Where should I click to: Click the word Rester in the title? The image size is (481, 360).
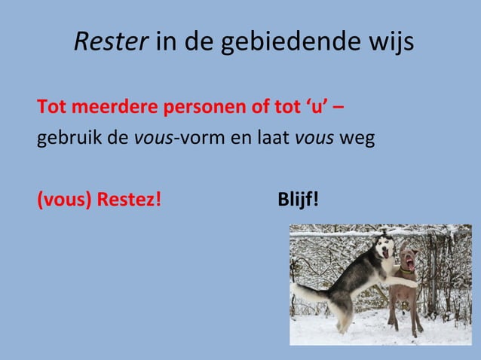[x=110, y=42]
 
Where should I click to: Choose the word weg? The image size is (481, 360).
[x=357, y=139]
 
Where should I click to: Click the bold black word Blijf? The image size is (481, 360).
[x=298, y=200]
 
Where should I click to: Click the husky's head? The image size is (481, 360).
[x=384, y=248]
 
